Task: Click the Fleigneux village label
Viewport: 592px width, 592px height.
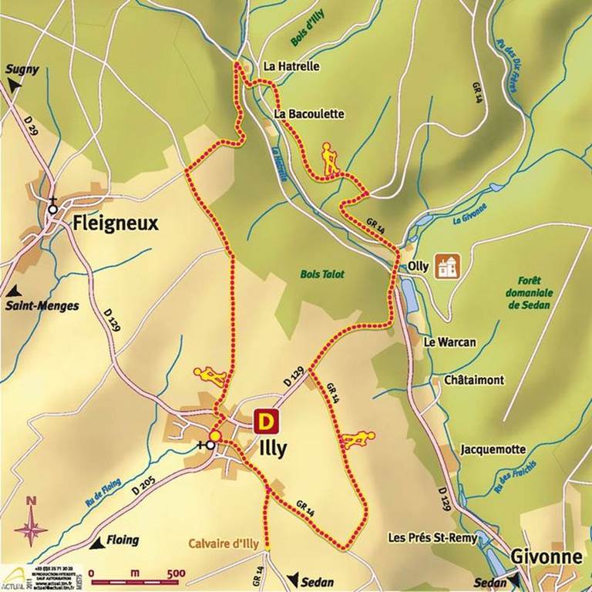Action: pyautogui.click(x=115, y=224)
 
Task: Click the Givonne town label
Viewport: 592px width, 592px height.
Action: pyautogui.click(x=544, y=557)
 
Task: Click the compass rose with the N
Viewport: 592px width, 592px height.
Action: pyautogui.click(x=31, y=527)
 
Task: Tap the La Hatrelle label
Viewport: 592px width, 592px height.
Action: pyautogui.click(x=291, y=67)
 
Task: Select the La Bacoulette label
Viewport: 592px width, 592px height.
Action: pyautogui.click(x=309, y=114)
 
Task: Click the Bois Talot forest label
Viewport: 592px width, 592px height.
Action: pyautogui.click(x=322, y=274)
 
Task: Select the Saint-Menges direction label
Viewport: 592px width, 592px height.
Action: pyautogui.click(x=42, y=306)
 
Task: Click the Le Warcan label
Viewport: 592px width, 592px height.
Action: pyautogui.click(x=450, y=342)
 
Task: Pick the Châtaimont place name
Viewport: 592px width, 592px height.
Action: pyautogui.click(x=468, y=381)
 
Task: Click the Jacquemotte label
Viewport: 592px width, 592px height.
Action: pyautogui.click(x=493, y=449)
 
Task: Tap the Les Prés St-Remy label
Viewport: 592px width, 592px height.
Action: pyautogui.click(x=432, y=537)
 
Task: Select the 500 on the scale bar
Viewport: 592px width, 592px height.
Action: pyautogui.click(x=176, y=573)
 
